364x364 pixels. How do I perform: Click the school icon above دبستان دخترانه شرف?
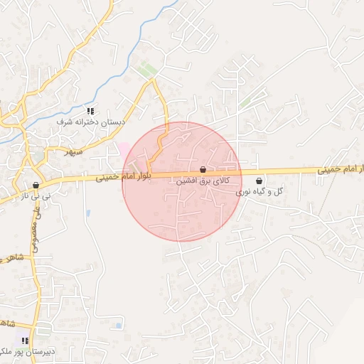(90, 111)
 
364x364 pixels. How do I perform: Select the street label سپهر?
(72, 151)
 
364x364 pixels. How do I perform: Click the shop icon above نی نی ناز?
(36, 185)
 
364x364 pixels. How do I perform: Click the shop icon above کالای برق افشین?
(203, 171)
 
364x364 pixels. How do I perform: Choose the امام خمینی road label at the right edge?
(341, 170)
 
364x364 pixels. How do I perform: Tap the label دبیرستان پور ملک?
(28, 351)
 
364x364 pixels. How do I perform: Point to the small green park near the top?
(148, 70)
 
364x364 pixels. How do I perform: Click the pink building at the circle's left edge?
(124, 151)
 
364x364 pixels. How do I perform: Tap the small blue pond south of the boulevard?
(87, 213)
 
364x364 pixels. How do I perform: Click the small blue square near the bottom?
(119, 326)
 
